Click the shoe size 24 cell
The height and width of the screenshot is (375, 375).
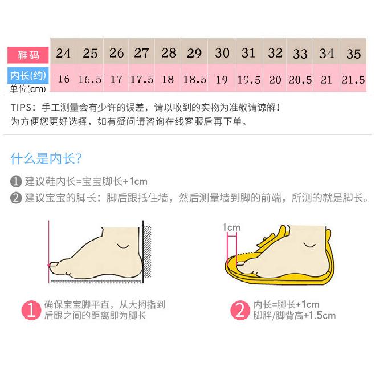[63, 54]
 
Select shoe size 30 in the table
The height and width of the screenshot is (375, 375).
[222, 53]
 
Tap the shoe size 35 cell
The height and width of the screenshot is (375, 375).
[353, 54]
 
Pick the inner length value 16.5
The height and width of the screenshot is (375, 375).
[89, 79]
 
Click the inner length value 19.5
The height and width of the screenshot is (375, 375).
[248, 79]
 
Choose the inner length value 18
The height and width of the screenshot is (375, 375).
[168, 79]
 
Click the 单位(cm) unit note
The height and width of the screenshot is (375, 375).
[27, 89]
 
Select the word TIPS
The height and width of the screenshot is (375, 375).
[21, 108]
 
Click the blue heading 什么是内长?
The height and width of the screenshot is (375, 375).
[46, 158]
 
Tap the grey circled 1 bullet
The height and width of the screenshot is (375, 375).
[16, 182]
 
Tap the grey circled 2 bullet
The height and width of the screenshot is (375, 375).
[16, 198]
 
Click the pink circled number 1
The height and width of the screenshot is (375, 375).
[30, 310]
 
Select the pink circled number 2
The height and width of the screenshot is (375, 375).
[239, 310]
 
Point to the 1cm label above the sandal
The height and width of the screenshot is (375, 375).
[231, 228]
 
